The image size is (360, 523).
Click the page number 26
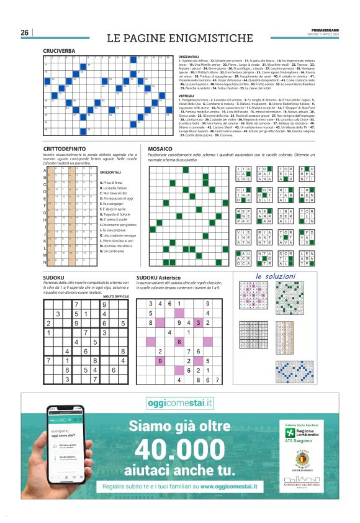(x=25, y=32)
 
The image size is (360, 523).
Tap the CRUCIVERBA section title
(x=59, y=51)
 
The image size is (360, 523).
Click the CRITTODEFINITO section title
(x=66, y=150)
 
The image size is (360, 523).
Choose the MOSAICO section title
(x=160, y=150)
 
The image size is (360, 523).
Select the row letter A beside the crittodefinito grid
(x=45, y=170)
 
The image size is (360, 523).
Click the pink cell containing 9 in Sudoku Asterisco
(x=160, y=361)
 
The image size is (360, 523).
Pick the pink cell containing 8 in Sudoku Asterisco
(x=179, y=342)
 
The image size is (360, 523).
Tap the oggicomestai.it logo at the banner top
(x=179, y=403)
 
